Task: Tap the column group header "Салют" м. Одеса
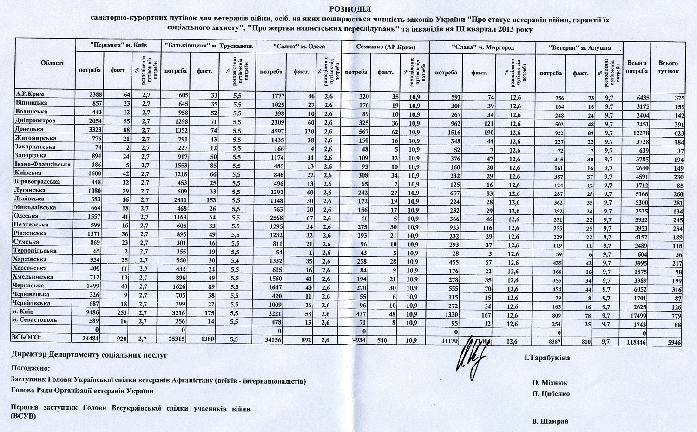tap(299, 47)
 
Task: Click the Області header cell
tap(52, 63)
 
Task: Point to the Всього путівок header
tap(669, 67)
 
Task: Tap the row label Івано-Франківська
tap(42, 165)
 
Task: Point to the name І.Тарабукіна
tap(547, 358)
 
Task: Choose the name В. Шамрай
tap(550, 421)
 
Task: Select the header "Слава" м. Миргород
tap(483, 47)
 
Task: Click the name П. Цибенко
tap(551, 394)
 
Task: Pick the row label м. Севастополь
tap(35, 320)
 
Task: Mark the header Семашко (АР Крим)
tap(385, 47)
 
